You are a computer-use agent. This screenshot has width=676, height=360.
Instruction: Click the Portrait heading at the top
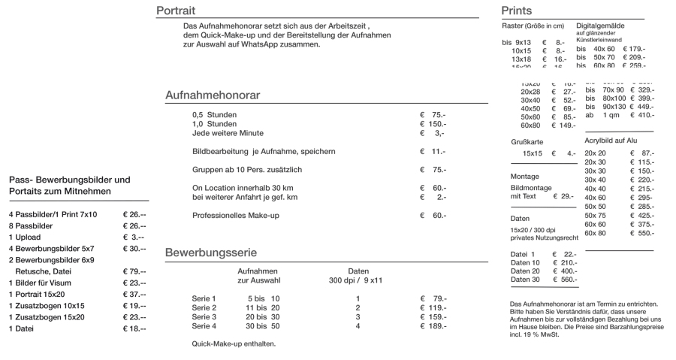(176, 11)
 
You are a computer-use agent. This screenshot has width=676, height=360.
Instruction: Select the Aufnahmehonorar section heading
(213, 97)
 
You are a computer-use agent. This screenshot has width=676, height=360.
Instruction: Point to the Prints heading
(516, 11)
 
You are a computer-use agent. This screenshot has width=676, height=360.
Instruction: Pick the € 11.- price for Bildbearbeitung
(433, 152)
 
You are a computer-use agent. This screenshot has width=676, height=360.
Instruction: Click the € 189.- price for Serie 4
(434, 326)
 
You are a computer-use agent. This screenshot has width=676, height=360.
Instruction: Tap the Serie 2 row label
(204, 308)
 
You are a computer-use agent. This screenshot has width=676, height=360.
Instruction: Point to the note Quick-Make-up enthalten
(234, 344)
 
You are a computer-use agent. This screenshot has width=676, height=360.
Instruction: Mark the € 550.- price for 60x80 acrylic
(642, 233)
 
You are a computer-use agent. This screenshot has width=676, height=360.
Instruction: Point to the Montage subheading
(524, 177)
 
